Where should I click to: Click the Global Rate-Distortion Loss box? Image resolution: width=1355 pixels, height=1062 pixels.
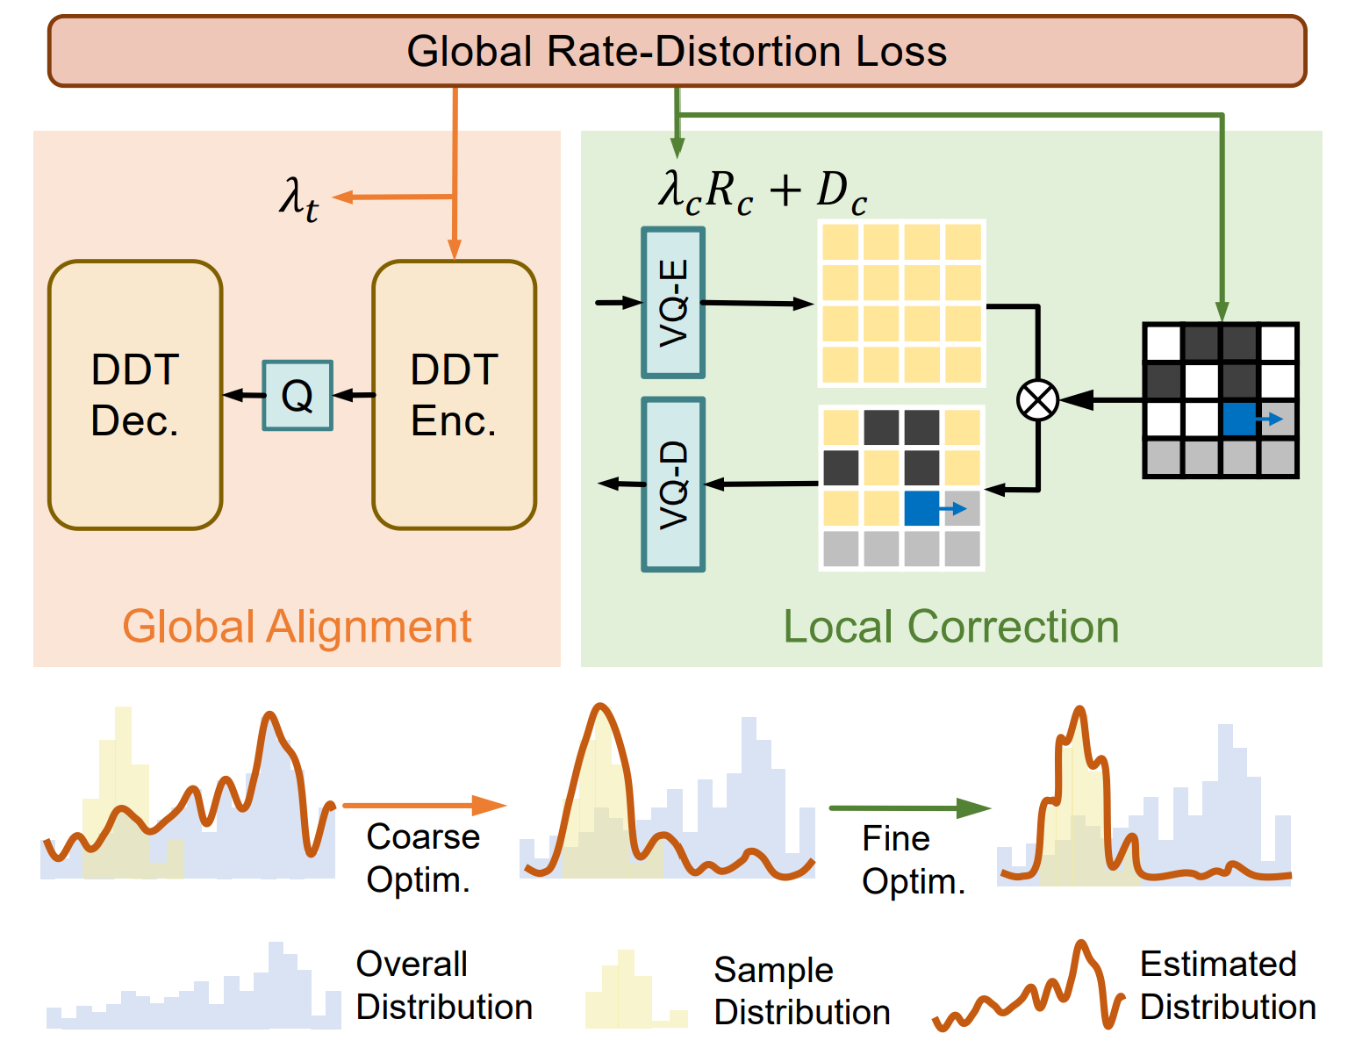pos(677,51)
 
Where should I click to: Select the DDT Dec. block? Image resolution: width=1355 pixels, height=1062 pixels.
pos(135,395)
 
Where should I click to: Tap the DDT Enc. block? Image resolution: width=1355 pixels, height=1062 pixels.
pos(454,395)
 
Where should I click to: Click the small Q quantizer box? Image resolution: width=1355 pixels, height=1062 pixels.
pos(298,396)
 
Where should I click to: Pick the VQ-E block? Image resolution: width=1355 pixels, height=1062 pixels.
pos(673,303)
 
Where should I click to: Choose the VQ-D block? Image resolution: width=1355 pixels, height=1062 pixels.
pos(673,484)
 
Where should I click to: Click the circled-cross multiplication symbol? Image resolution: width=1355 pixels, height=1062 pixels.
pos(1037,400)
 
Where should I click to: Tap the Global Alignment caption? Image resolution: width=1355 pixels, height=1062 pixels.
pos(297,627)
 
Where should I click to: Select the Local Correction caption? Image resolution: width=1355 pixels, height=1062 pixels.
pos(950,627)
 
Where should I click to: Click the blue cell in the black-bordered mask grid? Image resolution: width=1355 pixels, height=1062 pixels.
pos(1238,419)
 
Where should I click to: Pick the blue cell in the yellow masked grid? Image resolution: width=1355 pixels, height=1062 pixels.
pos(921,508)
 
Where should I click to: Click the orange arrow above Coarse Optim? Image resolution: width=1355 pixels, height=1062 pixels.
pos(424,805)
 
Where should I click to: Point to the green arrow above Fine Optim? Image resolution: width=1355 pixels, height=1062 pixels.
pos(909,807)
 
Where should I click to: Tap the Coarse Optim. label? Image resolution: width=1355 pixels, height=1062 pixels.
pos(422,857)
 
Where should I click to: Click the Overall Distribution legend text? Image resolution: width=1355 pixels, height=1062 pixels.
pos(444,986)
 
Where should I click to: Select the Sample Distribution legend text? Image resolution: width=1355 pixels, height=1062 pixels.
pos(801,991)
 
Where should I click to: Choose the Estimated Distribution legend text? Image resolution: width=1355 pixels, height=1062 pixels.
pos(1227,986)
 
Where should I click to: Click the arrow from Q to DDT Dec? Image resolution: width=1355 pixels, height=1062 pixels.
pos(243,396)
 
